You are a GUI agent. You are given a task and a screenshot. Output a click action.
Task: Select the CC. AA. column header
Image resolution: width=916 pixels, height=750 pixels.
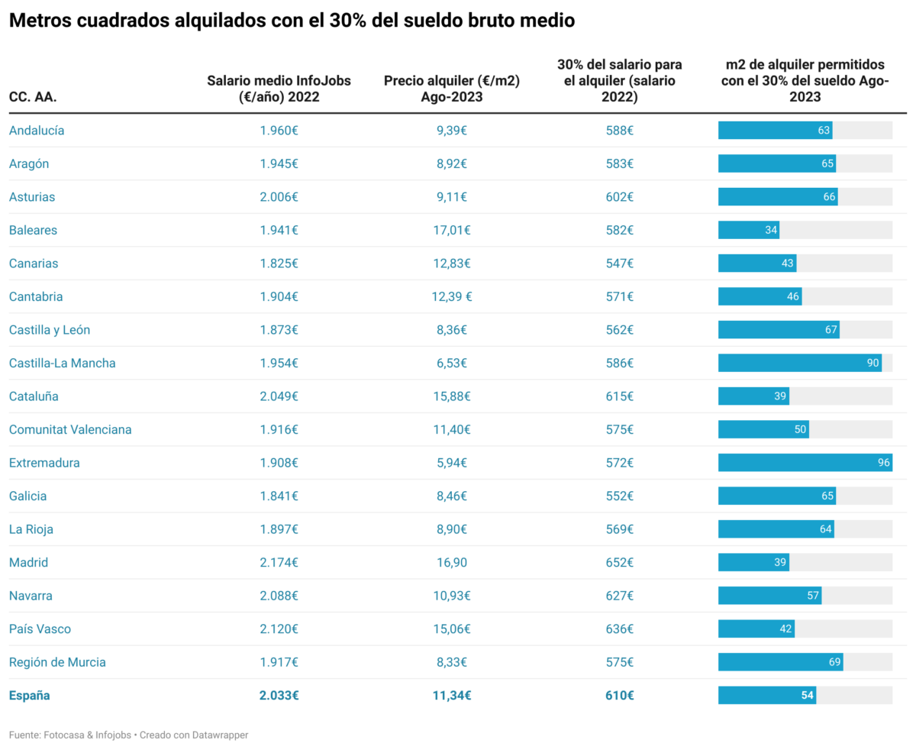[33, 97]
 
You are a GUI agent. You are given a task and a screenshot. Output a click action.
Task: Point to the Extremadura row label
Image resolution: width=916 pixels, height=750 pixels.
[44, 463]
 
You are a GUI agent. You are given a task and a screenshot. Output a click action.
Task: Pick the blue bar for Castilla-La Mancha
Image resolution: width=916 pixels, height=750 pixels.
[799, 363]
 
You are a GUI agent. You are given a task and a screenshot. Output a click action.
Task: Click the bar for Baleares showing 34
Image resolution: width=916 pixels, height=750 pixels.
[748, 230]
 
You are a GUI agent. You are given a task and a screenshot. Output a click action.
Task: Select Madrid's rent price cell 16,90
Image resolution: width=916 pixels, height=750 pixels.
[451, 563]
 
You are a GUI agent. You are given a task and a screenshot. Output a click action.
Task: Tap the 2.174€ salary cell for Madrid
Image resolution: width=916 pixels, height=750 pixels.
[279, 563]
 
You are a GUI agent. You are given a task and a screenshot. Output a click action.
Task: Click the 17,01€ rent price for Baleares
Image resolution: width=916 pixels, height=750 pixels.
[451, 230]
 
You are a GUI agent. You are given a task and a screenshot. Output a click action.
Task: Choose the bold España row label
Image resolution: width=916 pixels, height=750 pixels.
[29, 696]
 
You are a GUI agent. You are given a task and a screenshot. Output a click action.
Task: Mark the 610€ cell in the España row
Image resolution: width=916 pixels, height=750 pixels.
[620, 696]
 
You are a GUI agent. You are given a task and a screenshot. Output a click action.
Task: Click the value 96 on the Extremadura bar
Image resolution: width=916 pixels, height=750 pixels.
[884, 463]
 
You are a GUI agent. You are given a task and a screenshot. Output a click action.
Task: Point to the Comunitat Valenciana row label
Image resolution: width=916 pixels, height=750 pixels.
[70, 429]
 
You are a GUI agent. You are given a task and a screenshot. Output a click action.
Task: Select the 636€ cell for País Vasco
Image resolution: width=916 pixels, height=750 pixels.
[620, 629]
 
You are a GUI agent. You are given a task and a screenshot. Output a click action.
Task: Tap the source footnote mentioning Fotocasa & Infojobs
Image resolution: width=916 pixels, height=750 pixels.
[128, 735]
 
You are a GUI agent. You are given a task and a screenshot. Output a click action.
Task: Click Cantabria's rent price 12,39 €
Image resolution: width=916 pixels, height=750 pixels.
[451, 296]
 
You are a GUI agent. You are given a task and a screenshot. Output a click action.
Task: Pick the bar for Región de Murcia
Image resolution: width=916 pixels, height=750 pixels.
[780, 662]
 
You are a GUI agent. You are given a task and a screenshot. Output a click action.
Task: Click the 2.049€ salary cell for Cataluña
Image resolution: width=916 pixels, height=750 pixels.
[279, 396]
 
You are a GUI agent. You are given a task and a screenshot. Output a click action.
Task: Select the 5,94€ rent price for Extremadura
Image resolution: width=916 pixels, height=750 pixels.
[451, 463]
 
